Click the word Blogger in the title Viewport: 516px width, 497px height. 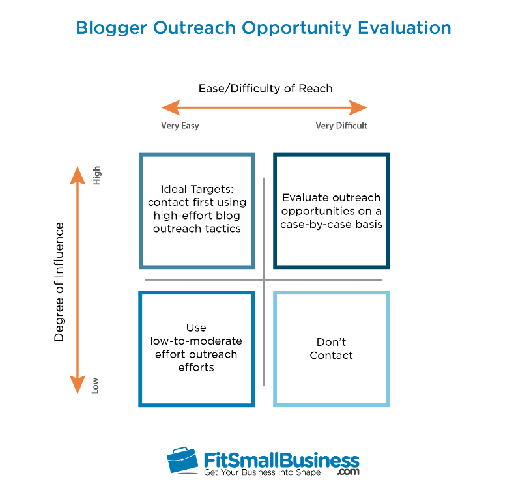(111, 28)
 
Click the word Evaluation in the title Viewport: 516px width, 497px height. (405, 27)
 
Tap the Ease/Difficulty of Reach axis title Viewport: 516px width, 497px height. (266, 89)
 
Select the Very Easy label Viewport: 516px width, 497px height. (180, 126)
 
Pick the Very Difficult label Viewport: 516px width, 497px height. (341, 126)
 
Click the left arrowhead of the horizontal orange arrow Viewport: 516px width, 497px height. (171, 107)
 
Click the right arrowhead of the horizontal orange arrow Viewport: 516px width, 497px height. (358, 107)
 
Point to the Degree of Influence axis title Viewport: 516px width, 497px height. (59, 282)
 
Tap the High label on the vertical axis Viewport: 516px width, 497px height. (96, 175)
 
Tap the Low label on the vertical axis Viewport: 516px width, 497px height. (94, 386)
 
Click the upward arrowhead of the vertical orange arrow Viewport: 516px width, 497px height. (78, 175)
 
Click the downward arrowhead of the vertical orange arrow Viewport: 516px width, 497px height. (78, 384)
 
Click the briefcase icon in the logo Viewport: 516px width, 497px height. (182, 460)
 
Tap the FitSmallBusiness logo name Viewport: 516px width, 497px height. (281, 460)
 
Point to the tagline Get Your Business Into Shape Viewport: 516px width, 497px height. (263, 472)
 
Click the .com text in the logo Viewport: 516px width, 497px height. (348, 472)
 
